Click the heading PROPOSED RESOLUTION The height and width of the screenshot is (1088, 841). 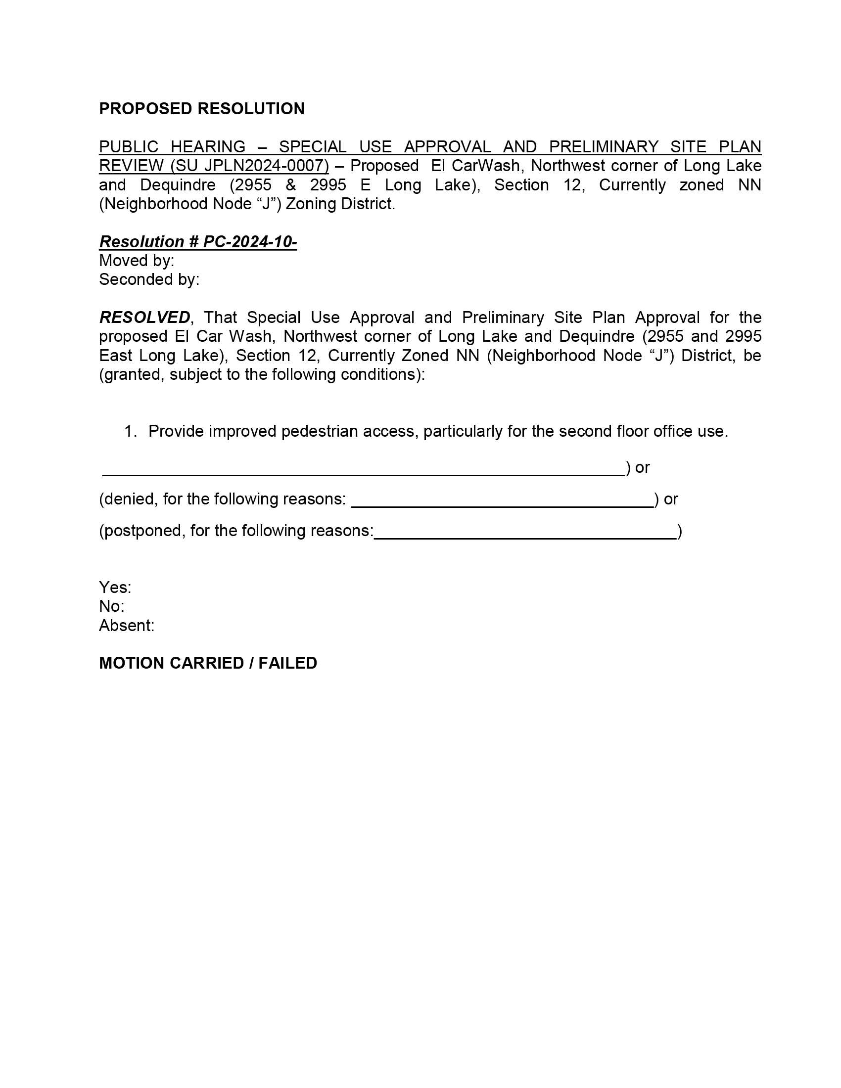(201, 109)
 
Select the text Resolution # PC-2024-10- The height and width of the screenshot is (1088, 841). (198, 242)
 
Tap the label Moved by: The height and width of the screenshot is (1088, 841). (137, 261)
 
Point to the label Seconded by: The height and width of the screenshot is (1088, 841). (149, 279)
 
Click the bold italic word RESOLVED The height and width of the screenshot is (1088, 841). (144, 317)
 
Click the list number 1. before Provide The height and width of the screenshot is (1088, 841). (130, 431)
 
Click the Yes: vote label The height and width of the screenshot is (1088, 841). (115, 588)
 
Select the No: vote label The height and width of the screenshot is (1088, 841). (112, 607)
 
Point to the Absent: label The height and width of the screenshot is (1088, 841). (127, 626)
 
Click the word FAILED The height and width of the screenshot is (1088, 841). (287, 663)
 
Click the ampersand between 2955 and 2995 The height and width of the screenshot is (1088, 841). (290, 185)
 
